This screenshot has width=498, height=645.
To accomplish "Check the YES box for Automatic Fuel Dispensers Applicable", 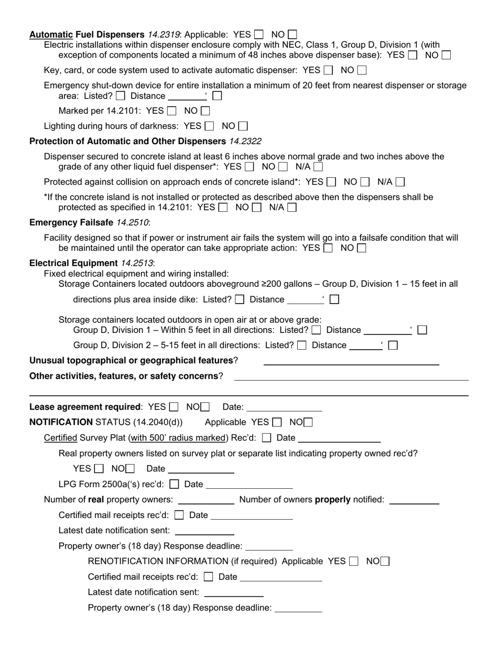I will click(259, 35).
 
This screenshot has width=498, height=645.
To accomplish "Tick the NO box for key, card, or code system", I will click(361, 70).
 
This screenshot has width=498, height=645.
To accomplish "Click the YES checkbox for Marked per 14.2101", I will click(171, 111).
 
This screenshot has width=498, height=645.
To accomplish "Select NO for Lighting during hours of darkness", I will click(243, 126).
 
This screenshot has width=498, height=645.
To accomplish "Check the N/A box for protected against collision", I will click(400, 182).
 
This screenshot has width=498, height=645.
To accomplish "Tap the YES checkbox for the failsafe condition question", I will click(328, 248).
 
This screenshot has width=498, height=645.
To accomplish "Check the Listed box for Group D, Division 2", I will click(302, 345).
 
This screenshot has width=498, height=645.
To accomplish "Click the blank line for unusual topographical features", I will click(351, 361).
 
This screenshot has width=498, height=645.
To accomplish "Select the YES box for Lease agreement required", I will click(174, 407).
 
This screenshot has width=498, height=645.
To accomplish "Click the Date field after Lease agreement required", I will click(284, 407).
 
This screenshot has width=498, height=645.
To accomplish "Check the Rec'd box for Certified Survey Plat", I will click(266, 438).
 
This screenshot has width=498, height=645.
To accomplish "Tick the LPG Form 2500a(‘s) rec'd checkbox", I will click(175, 484).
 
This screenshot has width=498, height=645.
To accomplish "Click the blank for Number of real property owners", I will click(206, 500).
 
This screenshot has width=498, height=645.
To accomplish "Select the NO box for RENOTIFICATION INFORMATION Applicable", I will click(385, 561).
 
